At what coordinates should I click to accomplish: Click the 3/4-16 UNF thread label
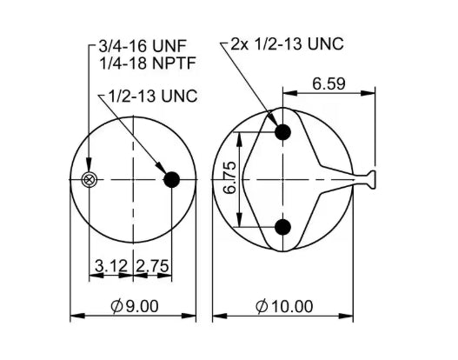pos(143,46)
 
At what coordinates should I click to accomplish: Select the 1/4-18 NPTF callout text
pos(148,63)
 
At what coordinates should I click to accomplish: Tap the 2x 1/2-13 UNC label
pos(287,44)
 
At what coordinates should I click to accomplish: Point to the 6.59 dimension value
pos(329,83)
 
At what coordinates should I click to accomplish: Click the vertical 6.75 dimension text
pos(229,177)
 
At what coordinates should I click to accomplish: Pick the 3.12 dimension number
pos(111,266)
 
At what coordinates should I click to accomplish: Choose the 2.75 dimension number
pos(152,266)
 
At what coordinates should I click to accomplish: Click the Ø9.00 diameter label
pos(135,306)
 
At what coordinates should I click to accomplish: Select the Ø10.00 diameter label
pos(284,306)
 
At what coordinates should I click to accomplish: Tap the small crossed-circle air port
pos(89,180)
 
